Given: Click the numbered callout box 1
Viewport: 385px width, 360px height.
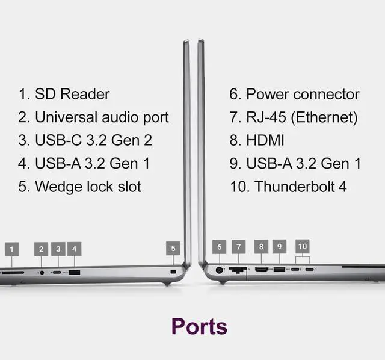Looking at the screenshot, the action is click(x=12, y=249).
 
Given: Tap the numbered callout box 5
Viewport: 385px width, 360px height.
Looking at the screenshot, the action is click(x=173, y=248).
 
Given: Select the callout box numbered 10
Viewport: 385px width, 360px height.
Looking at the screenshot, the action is click(x=303, y=246).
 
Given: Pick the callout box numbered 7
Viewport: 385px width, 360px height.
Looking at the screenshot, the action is click(x=239, y=247).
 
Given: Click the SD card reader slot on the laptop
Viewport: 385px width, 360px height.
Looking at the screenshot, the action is click(x=13, y=273).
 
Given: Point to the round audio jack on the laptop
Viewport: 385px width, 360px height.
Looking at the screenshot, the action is click(x=42, y=273).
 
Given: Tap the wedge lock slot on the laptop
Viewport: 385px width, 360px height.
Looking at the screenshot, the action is click(x=173, y=272).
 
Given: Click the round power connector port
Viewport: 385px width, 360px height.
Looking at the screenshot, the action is click(x=219, y=270).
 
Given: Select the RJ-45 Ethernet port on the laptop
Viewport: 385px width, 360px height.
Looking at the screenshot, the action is click(x=238, y=270).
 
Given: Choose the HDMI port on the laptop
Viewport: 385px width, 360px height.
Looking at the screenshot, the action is click(x=262, y=270).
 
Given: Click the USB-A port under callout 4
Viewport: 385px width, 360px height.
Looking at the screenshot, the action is click(x=75, y=272).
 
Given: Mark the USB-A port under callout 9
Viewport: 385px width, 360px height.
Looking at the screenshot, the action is click(x=279, y=270).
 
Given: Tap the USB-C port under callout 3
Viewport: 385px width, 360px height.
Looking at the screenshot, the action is click(x=57, y=272).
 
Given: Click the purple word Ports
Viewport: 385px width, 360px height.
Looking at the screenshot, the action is click(x=199, y=327).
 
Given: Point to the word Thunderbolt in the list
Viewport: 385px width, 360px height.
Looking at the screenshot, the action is click(x=295, y=187).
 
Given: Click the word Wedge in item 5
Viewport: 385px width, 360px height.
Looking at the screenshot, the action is click(x=58, y=186).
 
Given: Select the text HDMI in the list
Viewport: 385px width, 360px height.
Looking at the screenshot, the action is click(x=265, y=140).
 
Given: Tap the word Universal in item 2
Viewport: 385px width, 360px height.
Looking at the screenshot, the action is click(x=66, y=117).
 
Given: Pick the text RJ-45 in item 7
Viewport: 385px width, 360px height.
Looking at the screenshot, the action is click(x=266, y=117).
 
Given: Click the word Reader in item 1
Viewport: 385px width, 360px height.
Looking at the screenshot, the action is click(x=85, y=94).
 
